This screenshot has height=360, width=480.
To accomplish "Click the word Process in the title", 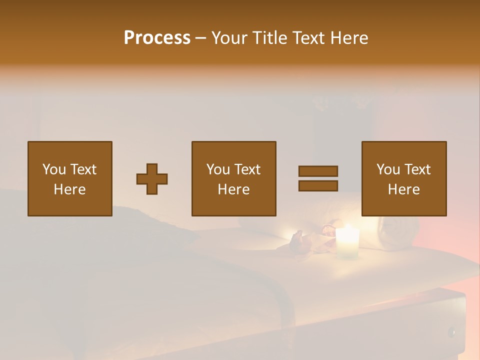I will tap(157, 38).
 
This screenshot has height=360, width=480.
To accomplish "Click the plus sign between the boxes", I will tap(152, 178).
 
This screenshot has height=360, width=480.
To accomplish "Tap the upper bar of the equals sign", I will tap(318, 171).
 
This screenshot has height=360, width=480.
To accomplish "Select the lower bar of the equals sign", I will tap(318, 185).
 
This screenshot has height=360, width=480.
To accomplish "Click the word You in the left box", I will tap(54, 169).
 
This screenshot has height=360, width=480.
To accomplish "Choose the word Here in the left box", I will tap(69, 189).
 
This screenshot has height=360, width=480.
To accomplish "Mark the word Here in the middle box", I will tap(233, 189).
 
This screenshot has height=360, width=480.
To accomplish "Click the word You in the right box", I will tap(388, 169).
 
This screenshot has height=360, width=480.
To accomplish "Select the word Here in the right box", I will tap(403, 189).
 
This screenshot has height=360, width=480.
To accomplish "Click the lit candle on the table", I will tap(347, 242).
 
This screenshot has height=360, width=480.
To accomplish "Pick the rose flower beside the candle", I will tap(327, 230).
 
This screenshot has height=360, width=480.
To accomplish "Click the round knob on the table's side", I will tap(451, 331).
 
